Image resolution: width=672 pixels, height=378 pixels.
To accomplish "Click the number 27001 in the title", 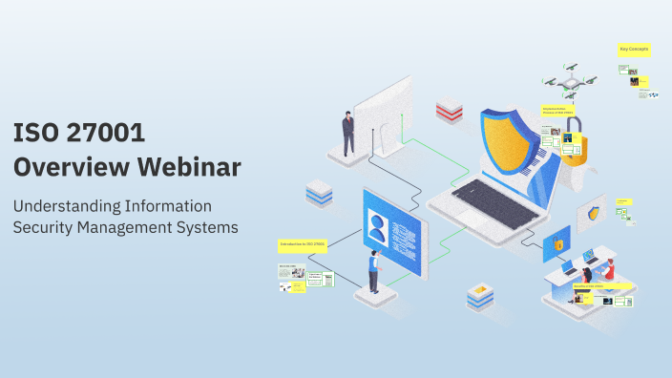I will [102, 133].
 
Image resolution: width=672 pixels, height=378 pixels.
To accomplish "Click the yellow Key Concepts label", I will [633, 49].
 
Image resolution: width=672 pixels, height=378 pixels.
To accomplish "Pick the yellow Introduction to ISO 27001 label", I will [303, 245].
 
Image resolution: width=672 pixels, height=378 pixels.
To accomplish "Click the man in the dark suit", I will [348, 133].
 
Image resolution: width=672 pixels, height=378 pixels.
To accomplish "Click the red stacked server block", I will [449, 111].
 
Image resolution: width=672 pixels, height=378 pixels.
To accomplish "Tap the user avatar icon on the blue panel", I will [379, 228].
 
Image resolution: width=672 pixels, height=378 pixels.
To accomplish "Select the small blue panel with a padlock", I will [556, 244].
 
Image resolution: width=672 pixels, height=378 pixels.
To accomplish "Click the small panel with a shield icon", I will [596, 213].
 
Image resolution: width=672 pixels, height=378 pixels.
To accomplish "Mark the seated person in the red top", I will [608, 270].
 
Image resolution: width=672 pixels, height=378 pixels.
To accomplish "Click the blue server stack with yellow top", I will [480, 297].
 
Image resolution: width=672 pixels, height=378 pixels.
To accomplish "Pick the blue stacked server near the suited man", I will [318, 195].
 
